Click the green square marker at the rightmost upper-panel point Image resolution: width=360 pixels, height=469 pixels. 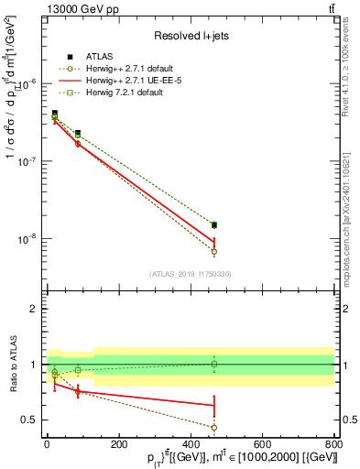[x=213, y=224]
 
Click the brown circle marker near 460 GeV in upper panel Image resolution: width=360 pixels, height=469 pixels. [x=213, y=251]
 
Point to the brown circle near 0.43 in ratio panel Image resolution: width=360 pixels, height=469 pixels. [x=213, y=427]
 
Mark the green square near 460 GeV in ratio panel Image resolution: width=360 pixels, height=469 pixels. [x=213, y=364]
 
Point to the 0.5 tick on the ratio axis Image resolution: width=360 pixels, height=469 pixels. [x=29, y=420]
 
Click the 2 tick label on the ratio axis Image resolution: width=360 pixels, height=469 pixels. [x=33, y=309]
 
